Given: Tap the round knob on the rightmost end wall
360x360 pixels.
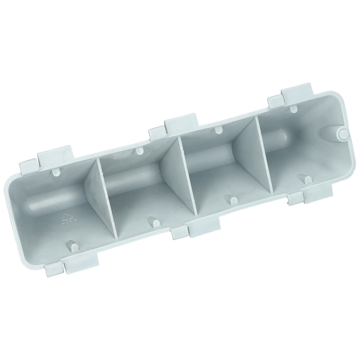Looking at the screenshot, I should tap(343, 133).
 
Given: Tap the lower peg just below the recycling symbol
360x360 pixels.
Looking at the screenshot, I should tap(72, 246).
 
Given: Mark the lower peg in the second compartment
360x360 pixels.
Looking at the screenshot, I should tap(155, 222).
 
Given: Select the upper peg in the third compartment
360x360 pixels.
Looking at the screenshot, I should tap(217, 129).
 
